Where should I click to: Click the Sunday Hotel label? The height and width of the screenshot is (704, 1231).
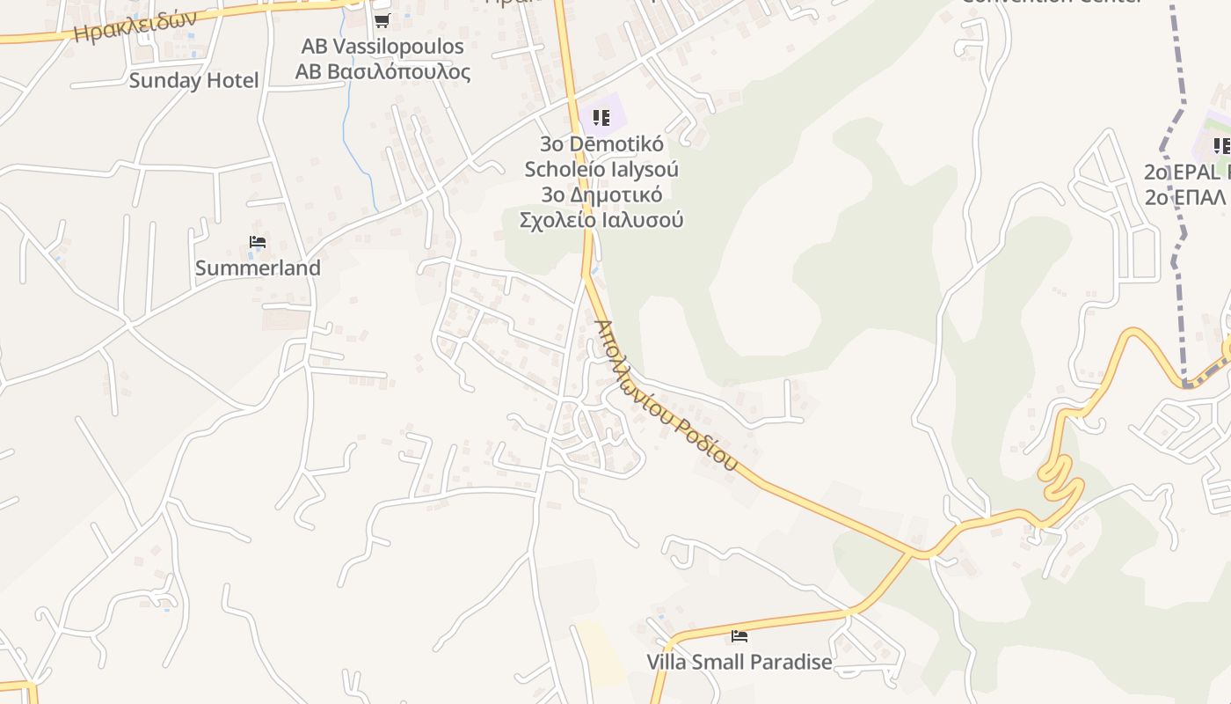(193, 81)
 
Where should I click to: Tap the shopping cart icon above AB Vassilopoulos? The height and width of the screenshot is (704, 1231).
(382, 20)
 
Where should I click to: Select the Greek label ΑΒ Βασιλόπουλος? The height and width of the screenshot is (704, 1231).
(382, 72)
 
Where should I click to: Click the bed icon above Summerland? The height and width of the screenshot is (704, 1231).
(257, 242)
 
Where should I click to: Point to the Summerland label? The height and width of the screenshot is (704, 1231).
(258, 268)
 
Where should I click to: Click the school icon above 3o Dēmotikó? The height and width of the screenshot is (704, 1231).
(601, 117)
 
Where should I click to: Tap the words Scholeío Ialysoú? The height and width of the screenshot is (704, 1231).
(601, 169)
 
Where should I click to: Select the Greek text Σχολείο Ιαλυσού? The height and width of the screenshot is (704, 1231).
(601, 220)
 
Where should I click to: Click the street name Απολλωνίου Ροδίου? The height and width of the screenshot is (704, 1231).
(665, 394)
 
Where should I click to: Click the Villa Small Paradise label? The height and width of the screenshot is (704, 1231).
(739, 662)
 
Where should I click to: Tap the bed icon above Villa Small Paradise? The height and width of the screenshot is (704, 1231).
(739, 635)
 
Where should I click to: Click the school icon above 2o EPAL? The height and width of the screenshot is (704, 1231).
(1220, 145)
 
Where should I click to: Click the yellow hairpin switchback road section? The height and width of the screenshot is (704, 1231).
(1061, 475)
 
